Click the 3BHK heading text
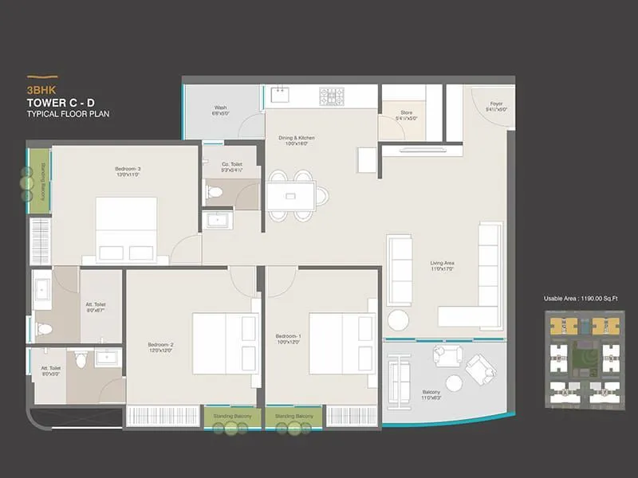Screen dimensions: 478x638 (39, 90)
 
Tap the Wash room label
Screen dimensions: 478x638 (221, 110)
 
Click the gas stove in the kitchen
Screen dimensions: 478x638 (333, 96)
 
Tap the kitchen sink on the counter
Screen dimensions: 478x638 (281, 96)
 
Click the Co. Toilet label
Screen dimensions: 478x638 (232, 167)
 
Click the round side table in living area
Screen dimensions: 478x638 (398, 319)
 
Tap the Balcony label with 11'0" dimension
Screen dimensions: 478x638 (431, 394)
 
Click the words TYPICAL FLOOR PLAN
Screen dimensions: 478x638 (68, 115)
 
